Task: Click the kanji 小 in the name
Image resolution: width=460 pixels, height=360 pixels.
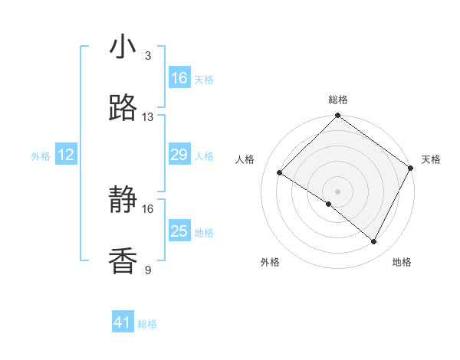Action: click(x=123, y=47)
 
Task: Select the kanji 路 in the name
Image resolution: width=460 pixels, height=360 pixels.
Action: click(x=123, y=109)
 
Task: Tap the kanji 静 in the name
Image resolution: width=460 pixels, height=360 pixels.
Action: click(x=123, y=201)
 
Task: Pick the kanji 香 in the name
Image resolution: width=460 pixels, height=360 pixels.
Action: click(x=123, y=262)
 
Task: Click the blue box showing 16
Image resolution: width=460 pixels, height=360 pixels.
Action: click(x=179, y=78)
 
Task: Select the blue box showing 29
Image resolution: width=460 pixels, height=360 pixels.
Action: click(x=179, y=155)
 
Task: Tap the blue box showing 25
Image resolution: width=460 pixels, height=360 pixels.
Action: click(x=179, y=231)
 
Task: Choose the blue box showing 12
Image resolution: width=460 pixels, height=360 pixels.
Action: click(x=66, y=155)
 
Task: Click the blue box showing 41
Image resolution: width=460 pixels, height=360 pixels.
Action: click(x=123, y=322)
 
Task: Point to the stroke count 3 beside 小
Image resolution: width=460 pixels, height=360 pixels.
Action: click(x=148, y=56)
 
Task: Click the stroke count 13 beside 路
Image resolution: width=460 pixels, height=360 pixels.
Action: click(x=148, y=117)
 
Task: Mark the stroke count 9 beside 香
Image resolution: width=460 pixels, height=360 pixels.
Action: click(x=148, y=270)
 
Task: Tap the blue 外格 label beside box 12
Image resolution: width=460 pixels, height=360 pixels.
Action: click(x=41, y=156)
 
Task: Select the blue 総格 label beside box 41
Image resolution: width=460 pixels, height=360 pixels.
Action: click(x=147, y=324)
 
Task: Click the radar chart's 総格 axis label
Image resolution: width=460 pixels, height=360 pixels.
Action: click(x=338, y=100)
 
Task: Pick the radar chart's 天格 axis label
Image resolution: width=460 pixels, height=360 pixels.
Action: click(x=431, y=159)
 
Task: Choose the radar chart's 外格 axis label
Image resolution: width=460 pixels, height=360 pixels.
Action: click(x=270, y=262)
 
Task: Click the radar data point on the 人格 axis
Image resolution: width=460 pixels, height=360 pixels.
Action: click(x=280, y=172)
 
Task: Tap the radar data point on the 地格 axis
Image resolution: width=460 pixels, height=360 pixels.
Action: click(x=374, y=242)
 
